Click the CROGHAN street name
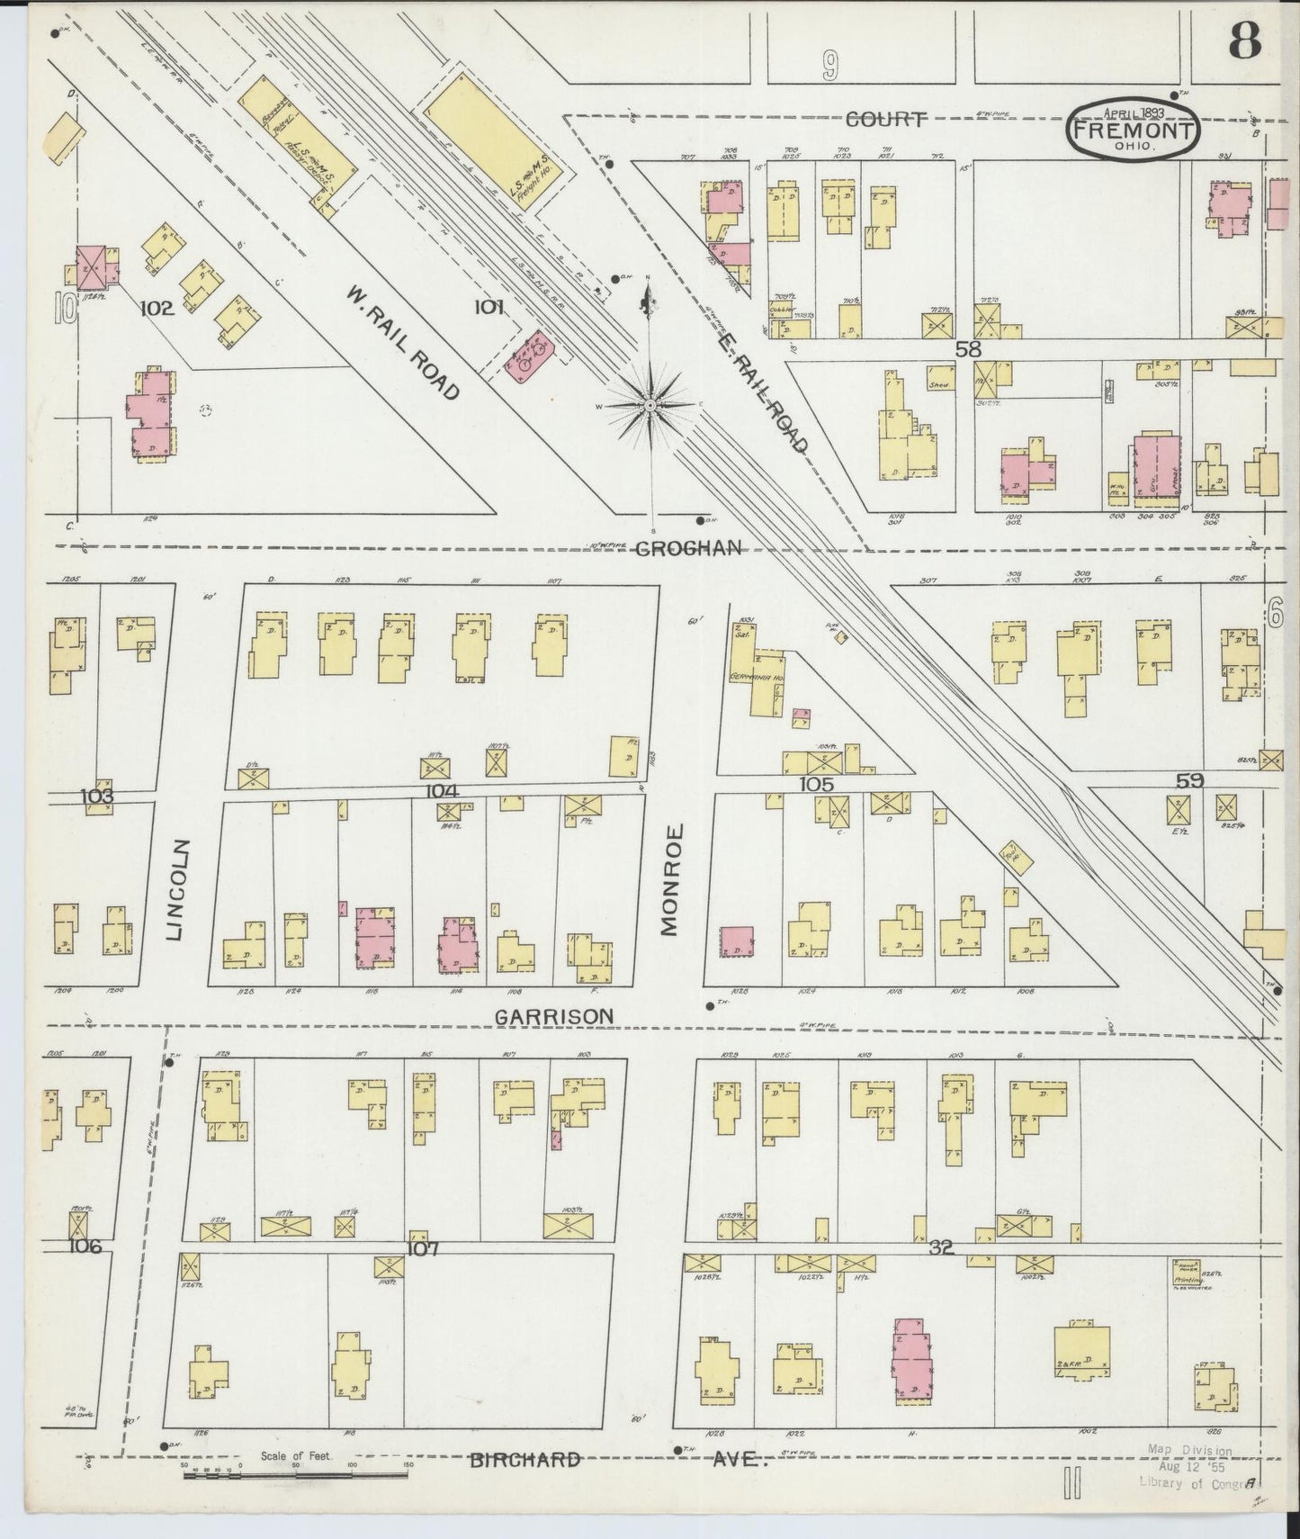click(688, 547)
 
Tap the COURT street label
click(886, 120)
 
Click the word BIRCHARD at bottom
click(524, 1460)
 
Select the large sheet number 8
click(1244, 39)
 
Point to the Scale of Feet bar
click(296, 1474)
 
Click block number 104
click(442, 790)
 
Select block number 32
click(941, 1247)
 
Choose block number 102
click(157, 308)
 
